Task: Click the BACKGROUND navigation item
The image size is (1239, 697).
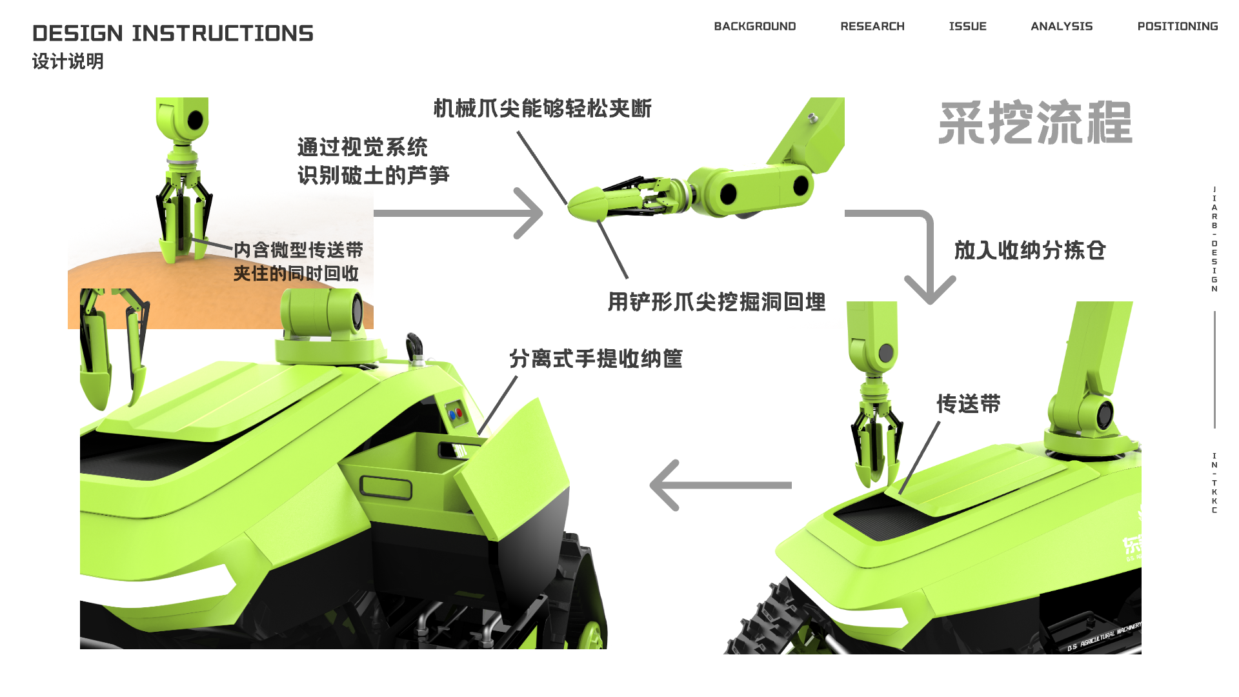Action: (754, 26)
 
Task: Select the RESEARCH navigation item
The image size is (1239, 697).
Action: (872, 26)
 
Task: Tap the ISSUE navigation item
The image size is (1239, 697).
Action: (967, 26)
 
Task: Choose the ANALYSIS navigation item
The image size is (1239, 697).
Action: (1062, 26)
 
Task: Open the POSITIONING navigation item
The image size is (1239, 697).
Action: (1178, 26)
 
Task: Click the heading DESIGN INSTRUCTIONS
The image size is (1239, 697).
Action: (173, 34)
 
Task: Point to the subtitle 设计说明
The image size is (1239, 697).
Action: (68, 61)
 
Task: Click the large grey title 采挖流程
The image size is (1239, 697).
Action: (1035, 123)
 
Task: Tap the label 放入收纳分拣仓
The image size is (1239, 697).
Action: (1030, 250)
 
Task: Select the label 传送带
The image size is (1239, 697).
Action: (969, 404)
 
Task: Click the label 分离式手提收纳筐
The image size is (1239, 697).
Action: (596, 359)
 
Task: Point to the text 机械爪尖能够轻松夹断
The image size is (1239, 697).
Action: (542, 108)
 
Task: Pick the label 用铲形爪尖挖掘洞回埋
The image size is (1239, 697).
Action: (716, 302)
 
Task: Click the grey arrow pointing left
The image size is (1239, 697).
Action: (720, 485)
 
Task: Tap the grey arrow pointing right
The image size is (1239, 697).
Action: (458, 213)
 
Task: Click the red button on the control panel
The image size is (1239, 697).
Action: (459, 412)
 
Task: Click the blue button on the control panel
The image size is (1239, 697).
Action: (452, 416)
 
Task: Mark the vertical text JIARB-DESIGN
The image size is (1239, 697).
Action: (1214, 239)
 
